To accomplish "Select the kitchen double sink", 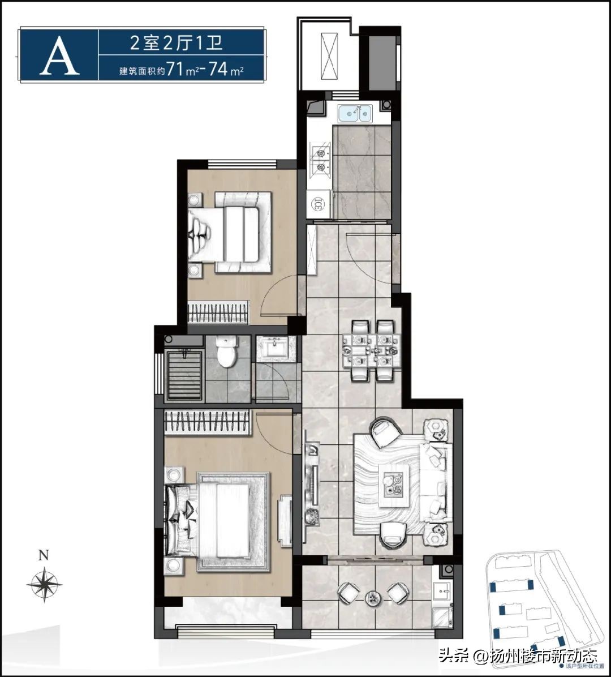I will coord(355,114).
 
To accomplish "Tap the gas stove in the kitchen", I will coord(320,159).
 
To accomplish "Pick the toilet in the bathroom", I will coord(227,353).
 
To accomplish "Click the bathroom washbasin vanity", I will coord(276,348).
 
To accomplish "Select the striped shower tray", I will coord(182,376).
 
